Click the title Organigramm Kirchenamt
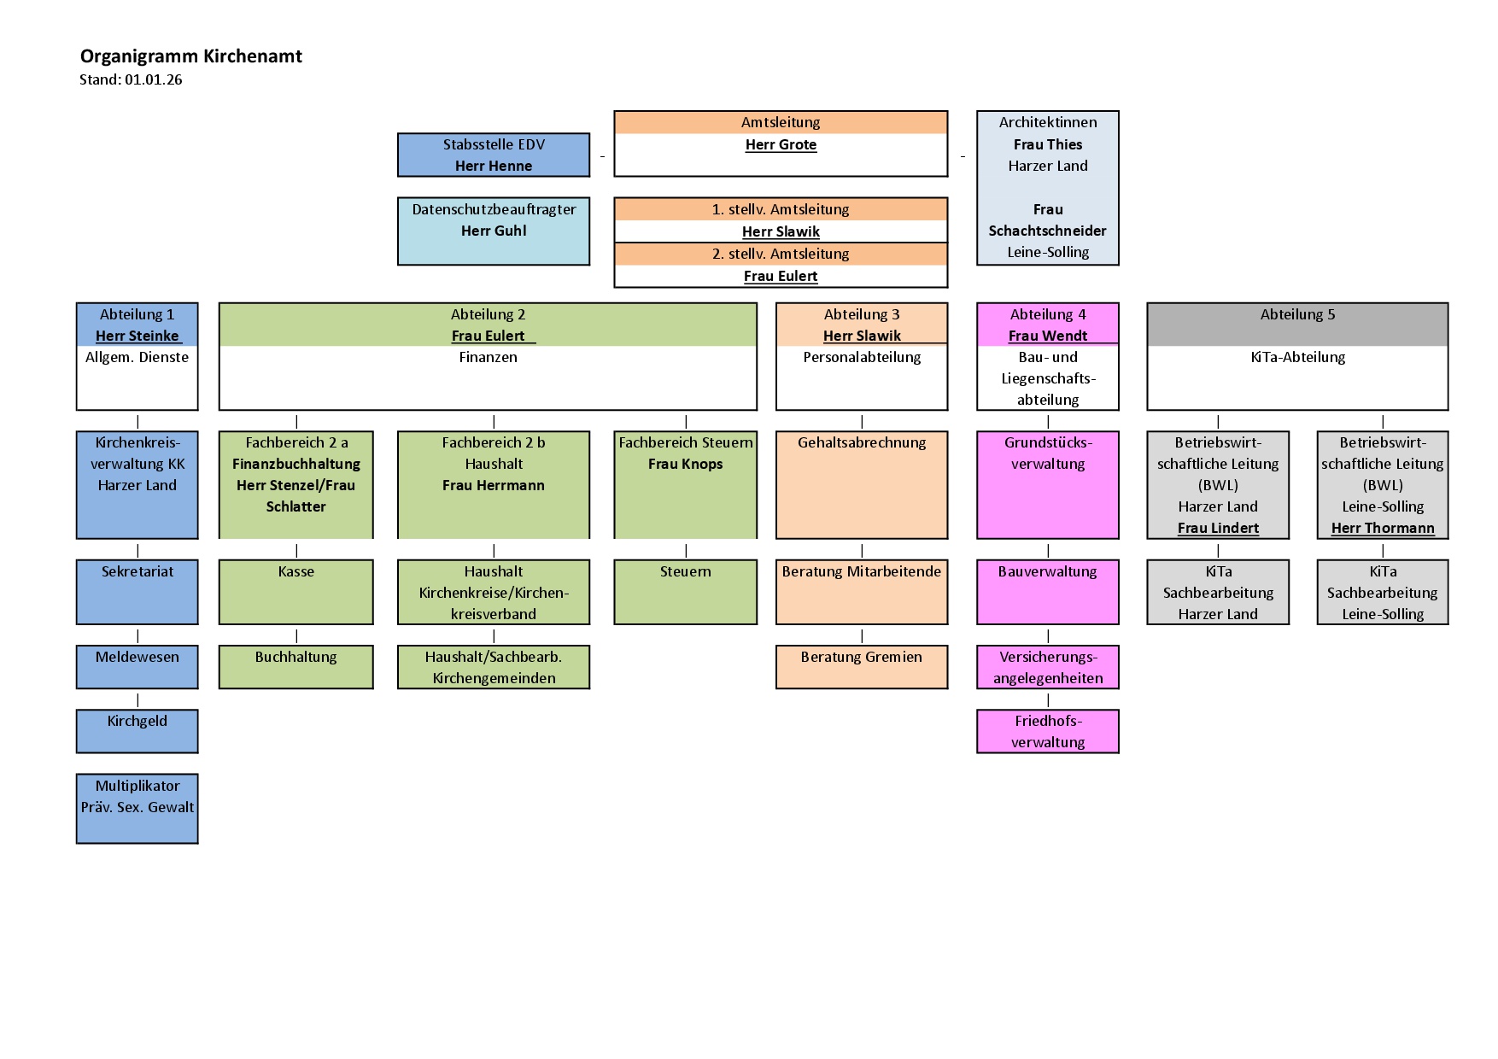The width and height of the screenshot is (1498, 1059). (191, 56)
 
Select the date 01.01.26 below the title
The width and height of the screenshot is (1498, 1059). (154, 80)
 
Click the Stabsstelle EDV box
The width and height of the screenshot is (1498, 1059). (494, 155)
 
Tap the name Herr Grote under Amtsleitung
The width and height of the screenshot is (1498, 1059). (781, 145)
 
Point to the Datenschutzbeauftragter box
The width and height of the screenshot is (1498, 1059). (494, 231)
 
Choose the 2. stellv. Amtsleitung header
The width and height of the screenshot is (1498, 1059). (781, 254)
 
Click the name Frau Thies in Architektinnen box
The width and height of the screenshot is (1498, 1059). (1048, 145)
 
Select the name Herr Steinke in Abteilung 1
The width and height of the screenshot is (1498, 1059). (138, 336)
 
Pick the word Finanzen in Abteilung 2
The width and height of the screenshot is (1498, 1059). (488, 358)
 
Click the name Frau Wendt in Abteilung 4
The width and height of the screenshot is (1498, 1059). (1048, 336)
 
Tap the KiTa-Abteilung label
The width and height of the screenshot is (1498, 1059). (1297, 358)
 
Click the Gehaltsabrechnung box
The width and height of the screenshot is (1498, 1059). (862, 484)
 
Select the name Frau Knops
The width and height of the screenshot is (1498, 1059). (685, 465)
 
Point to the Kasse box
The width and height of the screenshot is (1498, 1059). (296, 592)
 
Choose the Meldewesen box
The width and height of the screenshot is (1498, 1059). (138, 667)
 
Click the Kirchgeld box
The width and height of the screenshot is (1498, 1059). (138, 731)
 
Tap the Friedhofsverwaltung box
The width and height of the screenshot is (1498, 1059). (1048, 732)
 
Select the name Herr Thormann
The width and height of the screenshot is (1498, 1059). (1383, 529)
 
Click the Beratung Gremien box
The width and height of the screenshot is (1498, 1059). (862, 667)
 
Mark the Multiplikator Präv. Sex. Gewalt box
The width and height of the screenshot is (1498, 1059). (138, 808)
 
